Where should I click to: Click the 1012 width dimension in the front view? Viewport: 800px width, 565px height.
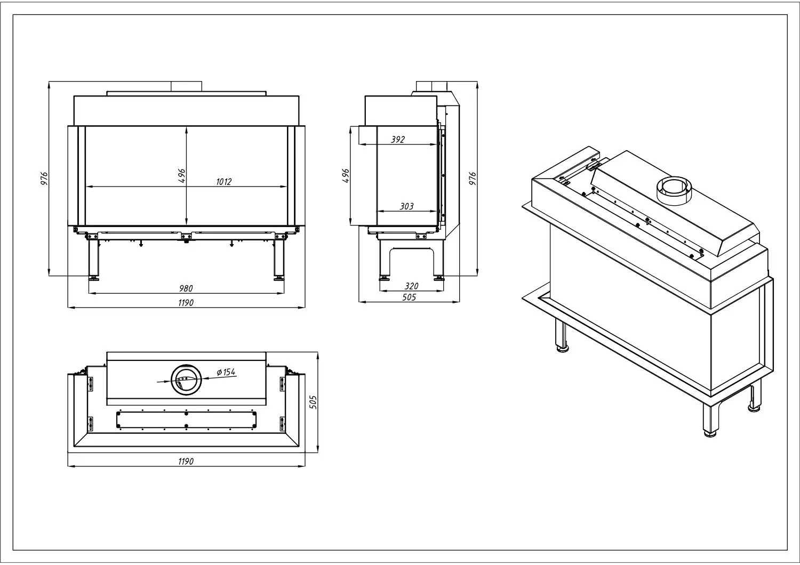pyautogui.click(x=223, y=182)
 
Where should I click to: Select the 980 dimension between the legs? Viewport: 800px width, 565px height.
pyautogui.click(x=186, y=288)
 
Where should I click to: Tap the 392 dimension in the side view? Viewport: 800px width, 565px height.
pyautogui.click(x=397, y=139)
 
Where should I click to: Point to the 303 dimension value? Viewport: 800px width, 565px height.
pyautogui.click(x=406, y=206)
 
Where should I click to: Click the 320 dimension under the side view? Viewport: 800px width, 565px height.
pyautogui.click(x=411, y=286)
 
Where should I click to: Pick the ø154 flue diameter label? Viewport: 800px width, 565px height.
pyautogui.click(x=226, y=372)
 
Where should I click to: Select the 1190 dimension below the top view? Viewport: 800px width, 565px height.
pyautogui.click(x=186, y=462)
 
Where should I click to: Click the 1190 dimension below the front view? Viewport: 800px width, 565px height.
pyautogui.click(x=186, y=303)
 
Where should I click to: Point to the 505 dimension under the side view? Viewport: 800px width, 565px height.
pyautogui.click(x=409, y=297)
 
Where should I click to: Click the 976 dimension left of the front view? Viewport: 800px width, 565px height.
pyautogui.click(x=44, y=179)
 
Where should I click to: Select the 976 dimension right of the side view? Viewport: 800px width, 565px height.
pyautogui.click(x=472, y=179)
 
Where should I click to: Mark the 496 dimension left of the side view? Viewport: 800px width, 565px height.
pyautogui.click(x=346, y=175)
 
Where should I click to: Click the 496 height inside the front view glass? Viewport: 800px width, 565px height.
pyautogui.click(x=181, y=175)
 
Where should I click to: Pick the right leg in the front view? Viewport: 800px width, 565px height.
pyautogui.click(x=279, y=259)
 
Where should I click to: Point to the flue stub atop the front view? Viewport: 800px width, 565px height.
pyautogui.click(x=187, y=86)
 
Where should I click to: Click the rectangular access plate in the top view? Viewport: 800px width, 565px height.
pyautogui.click(x=187, y=419)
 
